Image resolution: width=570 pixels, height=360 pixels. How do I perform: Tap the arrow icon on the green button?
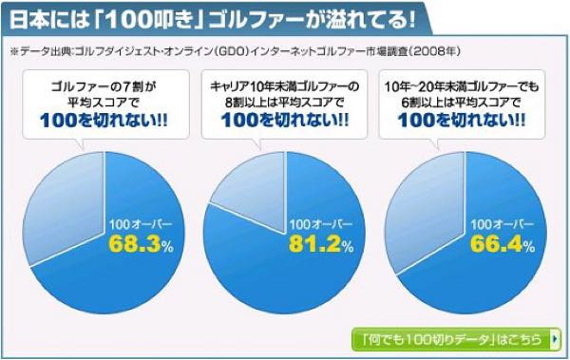pyautogui.click(x=553, y=338)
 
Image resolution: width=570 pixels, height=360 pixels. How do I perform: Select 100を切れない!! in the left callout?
pyautogui.click(x=102, y=121)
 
